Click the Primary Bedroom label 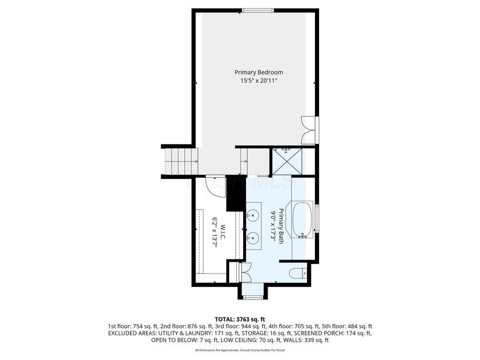258,72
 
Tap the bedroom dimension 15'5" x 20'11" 258,80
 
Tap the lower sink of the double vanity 254,238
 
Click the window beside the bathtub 317,220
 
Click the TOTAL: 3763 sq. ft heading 240,318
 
